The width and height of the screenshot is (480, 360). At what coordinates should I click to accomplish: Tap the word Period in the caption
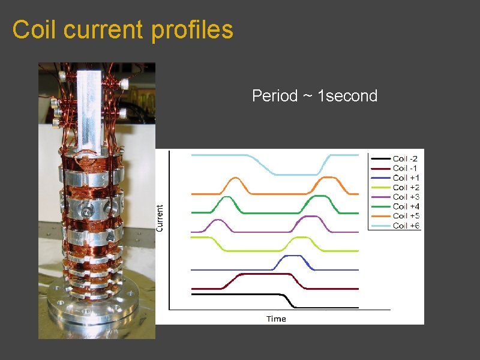[274, 96]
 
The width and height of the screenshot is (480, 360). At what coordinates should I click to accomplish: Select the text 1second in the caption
[347, 96]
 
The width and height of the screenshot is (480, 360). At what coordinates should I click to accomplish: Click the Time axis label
[276, 319]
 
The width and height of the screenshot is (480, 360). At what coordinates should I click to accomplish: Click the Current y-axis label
[160, 218]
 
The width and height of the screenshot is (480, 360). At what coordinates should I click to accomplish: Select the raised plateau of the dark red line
[264, 274]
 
